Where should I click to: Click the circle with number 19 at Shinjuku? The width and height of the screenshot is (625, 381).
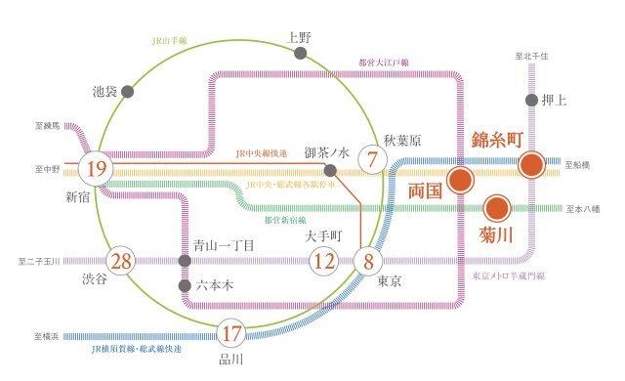point(96,168)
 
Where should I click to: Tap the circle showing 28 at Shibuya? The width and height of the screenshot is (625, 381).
point(122,261)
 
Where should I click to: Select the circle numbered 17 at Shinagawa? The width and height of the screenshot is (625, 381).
point(230,333)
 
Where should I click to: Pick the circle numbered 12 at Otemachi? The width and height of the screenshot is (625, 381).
point(323,261)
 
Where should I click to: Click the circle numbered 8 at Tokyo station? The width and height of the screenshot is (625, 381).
point(368,261)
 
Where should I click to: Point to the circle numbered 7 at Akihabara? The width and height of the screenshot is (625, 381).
point(371,156)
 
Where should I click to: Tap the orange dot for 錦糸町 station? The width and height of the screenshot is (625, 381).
point(532,164)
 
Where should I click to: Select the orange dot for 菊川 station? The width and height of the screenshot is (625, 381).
point(497,207)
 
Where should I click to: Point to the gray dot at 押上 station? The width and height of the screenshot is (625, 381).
point(532,100)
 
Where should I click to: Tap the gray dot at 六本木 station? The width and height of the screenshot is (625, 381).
point(184,286)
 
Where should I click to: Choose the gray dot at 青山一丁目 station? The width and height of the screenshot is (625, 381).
point(184,261)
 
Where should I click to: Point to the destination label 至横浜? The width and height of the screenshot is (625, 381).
point(46,335)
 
